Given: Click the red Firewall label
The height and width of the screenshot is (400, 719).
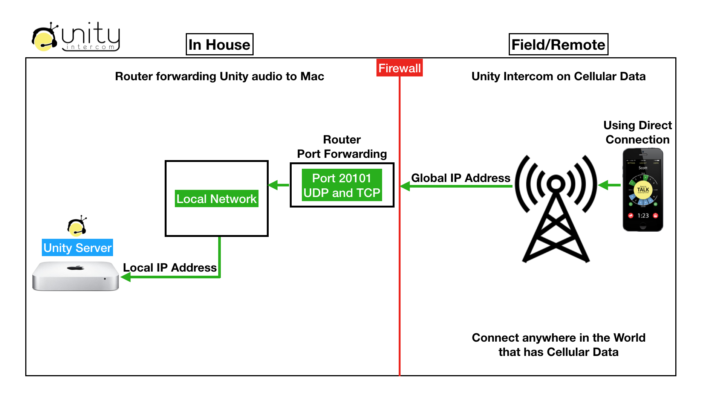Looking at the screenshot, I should click(399, 68).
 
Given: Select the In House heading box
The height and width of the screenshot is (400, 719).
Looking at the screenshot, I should click(219, 44).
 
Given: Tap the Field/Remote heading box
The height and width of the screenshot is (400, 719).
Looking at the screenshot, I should click(558, 44).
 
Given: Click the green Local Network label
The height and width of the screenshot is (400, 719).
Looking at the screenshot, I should click(217, 198).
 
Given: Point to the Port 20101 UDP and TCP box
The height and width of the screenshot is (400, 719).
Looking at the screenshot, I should click(342, 185).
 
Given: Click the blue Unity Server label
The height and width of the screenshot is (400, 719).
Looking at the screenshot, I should click(77, 247).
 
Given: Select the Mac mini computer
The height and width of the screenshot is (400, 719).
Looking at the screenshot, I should click(75, 276).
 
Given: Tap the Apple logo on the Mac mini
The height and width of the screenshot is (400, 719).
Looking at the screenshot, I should click(76, 268).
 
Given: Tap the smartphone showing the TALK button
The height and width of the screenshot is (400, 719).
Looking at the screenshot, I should click(643, 190).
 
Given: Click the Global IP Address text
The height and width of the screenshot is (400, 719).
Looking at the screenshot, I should click(460, 178).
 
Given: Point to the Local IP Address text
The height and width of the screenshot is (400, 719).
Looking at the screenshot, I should click(170, 267).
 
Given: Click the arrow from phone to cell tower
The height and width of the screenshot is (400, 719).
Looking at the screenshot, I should click(609, 185).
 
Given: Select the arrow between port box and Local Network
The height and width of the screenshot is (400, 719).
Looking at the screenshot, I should click(278, 185).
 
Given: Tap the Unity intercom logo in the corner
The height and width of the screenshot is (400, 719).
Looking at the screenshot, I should click(76, 37).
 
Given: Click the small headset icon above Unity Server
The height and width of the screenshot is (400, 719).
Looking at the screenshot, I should click(77, 226).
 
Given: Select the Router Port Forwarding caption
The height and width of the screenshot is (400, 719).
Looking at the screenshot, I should click(342, 147).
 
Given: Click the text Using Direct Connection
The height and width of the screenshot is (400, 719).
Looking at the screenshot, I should click(637, 132).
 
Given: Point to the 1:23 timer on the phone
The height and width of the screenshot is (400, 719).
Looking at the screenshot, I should click(643, 216).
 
